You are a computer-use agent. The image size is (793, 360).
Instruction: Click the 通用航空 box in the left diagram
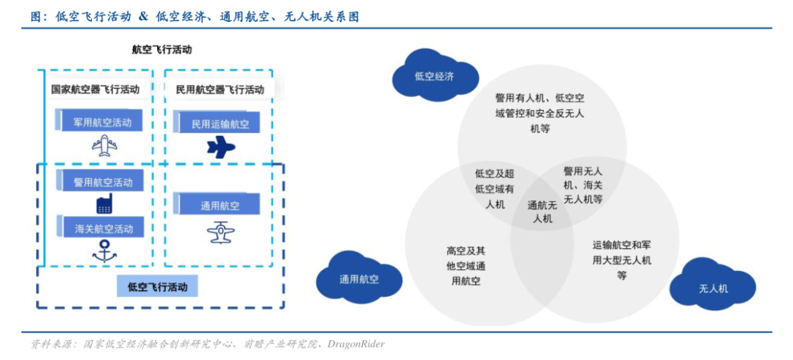pos(217,205)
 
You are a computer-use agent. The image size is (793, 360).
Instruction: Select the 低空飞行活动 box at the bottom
pos(157,285)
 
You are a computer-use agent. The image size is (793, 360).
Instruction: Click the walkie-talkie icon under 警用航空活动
pos(104,204)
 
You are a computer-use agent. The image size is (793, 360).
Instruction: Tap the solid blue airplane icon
pos(220,148)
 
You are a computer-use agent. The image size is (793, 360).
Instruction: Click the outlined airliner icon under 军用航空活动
pos(104,145)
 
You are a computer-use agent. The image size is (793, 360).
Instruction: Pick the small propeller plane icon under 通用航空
pos(220,231)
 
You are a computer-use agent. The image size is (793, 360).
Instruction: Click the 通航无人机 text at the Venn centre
pos(542,212)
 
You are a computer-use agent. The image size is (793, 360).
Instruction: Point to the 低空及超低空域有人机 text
pos(495,189)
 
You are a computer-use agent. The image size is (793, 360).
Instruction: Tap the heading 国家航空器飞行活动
pos(95,89)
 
